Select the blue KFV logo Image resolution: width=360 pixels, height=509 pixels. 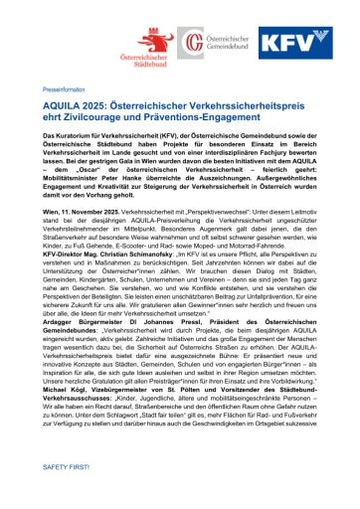(294, 45)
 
